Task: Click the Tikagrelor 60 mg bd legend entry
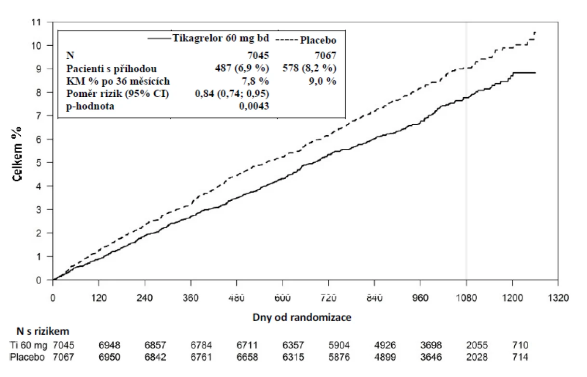tap(208, 38)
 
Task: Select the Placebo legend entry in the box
tap(306, 40)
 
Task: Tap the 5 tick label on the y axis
tap(38, 163)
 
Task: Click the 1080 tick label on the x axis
tap(466, 298)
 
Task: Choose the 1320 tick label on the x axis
tap(558, 298)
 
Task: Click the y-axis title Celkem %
tap(17, 154)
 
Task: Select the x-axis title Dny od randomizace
tap(302, 317)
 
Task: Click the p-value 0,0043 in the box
tap(254, 106)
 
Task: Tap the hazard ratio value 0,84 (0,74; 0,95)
tap(232, 93)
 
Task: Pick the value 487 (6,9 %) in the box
tap(242, 68)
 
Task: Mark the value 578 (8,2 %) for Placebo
tap(309, 68)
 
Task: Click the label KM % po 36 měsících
tap(118, 81)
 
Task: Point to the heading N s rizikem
tap(43, 331)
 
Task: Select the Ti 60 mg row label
tap(28, 345)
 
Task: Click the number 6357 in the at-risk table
tap(293, 345)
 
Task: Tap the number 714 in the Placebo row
tap(520, 357)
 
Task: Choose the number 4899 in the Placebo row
tap(385, 357)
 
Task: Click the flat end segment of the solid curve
tap(524, 73)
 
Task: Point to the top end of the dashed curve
tap(535, 32)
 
